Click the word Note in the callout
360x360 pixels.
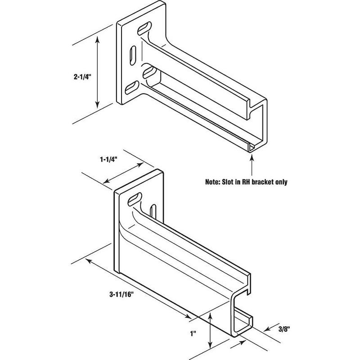214,183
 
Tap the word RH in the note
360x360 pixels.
252,183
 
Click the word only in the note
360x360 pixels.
290,183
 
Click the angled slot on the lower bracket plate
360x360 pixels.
135,198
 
